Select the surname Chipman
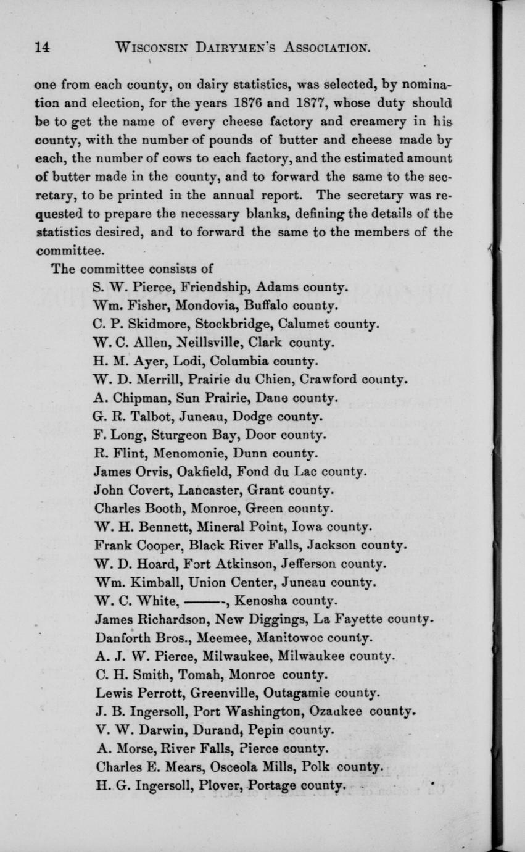point(135,398)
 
